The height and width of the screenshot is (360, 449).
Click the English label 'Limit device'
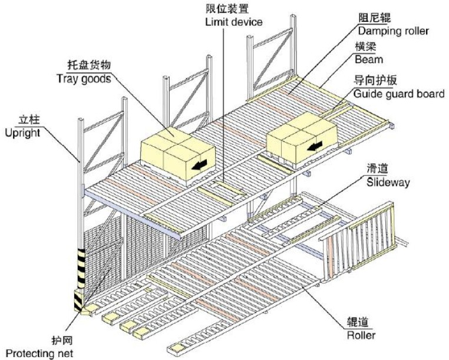coord(234,22)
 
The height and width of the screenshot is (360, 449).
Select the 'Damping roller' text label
coord(394,31)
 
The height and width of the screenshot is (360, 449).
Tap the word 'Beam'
coord(369,59)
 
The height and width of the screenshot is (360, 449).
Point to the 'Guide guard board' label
coord(399,94)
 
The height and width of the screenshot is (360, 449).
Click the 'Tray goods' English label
coord(84,78)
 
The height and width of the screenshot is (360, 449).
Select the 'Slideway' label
coord(388,183)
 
